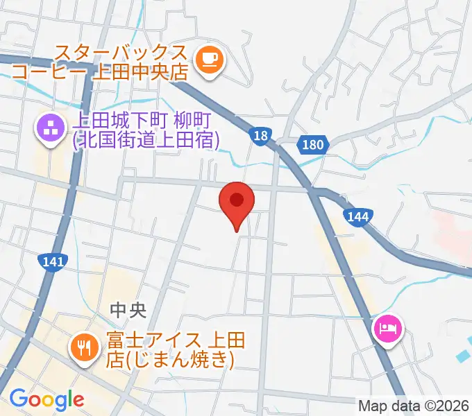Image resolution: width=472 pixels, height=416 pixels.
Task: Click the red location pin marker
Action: (237, 202)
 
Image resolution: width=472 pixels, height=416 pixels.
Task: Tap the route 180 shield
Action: (313, 144)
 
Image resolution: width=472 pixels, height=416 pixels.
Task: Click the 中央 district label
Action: (128, 311)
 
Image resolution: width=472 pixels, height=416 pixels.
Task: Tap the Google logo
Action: (47, 399)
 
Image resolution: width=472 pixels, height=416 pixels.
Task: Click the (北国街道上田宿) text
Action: (146, 141)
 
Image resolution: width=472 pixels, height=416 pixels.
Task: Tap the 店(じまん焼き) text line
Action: (169, 360)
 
